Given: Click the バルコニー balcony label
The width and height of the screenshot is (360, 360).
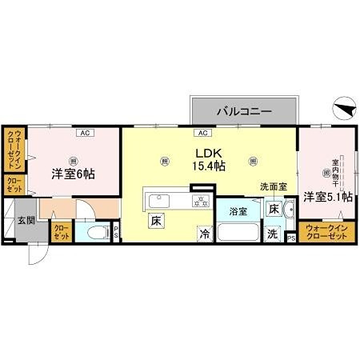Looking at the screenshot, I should coord(243,110).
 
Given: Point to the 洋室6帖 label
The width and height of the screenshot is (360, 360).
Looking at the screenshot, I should coord(74,173).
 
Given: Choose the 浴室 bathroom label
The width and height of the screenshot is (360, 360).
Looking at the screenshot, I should coord(238,212).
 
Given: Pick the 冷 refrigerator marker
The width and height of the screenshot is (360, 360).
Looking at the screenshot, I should coord(206,234).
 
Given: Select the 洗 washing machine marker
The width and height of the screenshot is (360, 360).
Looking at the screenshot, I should coord(272,235).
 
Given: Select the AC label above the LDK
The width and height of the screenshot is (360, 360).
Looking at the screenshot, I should coord(203,132).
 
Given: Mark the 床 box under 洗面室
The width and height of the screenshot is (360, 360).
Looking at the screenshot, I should coord(274,210).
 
